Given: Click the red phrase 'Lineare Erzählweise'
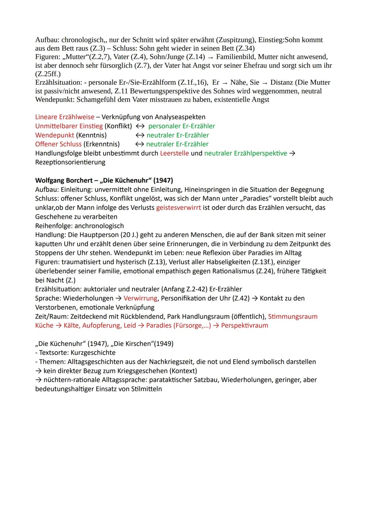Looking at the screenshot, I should (x=65, y=117).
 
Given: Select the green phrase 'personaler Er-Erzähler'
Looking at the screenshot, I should (x=181, y=126).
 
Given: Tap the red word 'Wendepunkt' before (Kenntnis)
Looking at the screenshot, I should (x=54, y=135).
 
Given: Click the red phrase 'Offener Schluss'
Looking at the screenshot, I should (x=58, y=144).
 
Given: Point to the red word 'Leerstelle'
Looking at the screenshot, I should (x=174, y=153).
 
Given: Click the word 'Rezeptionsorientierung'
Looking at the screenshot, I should (x=70, y=162).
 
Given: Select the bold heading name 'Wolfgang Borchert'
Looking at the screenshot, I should (x=64, y=180).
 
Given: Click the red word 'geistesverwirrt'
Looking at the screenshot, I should (x=178, y=207).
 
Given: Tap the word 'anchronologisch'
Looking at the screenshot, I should (x=99, y=226).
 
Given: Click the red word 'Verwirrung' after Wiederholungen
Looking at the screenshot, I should (x=140, y=298).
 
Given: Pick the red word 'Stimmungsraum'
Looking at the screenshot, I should (x=293, y=316).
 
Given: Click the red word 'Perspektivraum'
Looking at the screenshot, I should (x=244, y=325).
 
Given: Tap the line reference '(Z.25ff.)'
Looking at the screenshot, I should (x=48, y=74).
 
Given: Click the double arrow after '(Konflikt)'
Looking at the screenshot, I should (x=140, y=126).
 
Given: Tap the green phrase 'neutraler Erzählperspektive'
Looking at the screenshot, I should (x=245, y=153).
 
